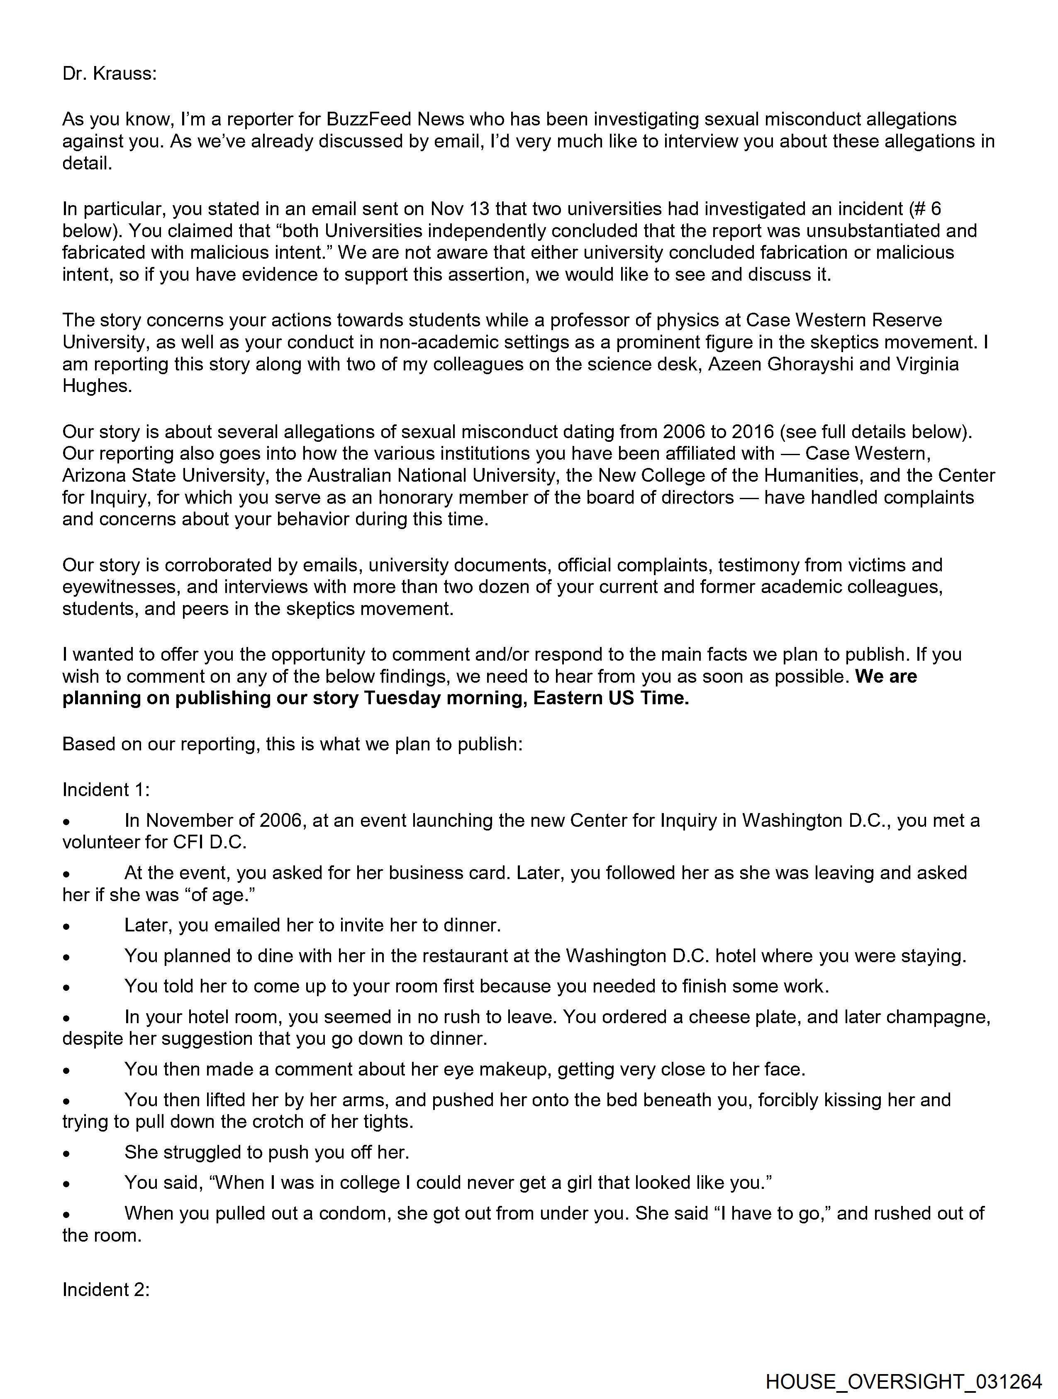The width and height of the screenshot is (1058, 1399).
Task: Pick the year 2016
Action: (x=753, y=431)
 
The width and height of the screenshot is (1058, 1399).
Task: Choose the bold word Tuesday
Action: (x=402, y=698)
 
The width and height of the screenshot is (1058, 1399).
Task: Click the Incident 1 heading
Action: (x=105, y=789)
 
